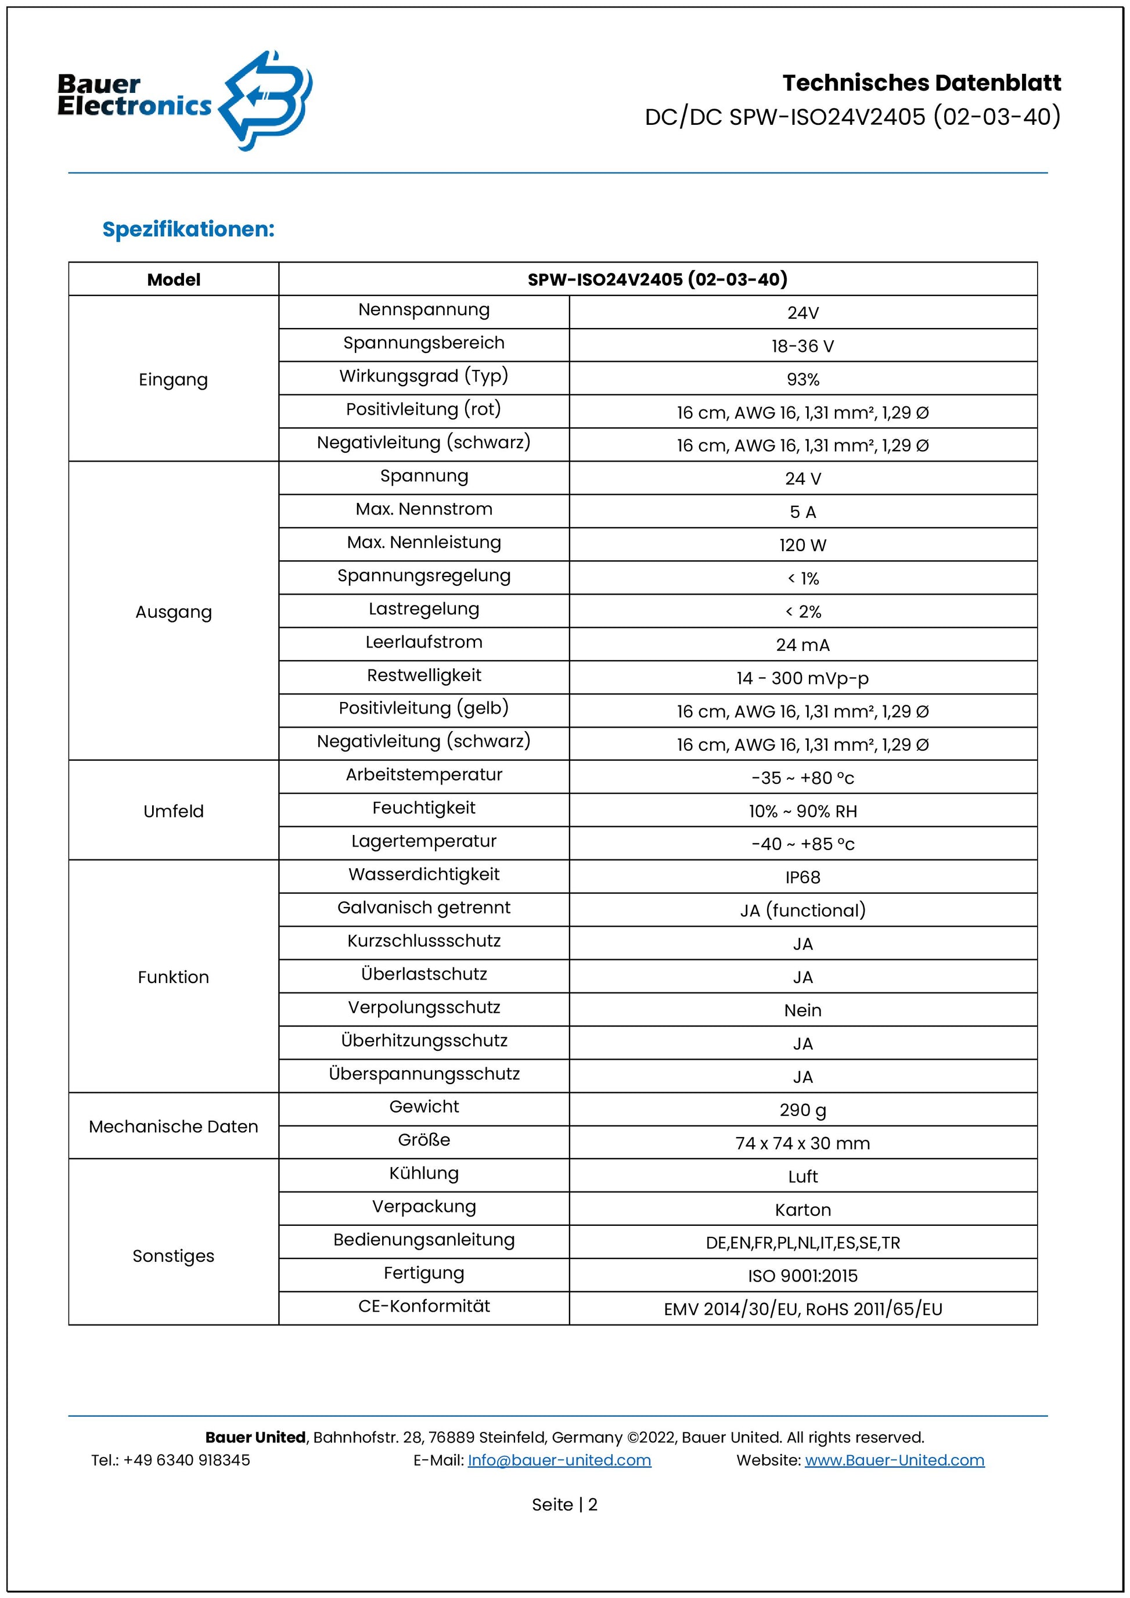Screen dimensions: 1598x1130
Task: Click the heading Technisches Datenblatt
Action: click(x=922, y=83)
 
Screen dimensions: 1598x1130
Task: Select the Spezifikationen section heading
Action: click(x=189, y=229)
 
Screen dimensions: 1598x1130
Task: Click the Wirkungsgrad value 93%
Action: click(x=803, y=379)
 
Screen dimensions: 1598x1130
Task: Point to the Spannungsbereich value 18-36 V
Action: click(x=803, y=346)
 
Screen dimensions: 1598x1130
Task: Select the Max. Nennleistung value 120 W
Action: click(x=803, y=545)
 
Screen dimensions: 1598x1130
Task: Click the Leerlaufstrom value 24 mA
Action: click(x=803, y=645)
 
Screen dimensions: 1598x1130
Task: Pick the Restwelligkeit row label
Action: click(x=424, y=675)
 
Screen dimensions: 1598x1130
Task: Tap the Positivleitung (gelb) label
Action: click(x=424, y=708)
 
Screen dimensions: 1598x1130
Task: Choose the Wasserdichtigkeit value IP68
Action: click(x=803, y=877)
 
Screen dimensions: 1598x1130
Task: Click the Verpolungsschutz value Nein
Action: click(x=803, y=1010)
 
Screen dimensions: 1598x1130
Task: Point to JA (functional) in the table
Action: click(x=803, y=910)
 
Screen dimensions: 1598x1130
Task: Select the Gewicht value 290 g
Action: click(x=803, y=1110)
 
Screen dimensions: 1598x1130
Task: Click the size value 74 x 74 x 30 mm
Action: click(x=803, y=1143)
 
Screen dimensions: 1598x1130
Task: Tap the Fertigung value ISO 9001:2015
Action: click(x=803, y=1276)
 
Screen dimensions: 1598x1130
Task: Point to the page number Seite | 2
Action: click(x=564, y=1505)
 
